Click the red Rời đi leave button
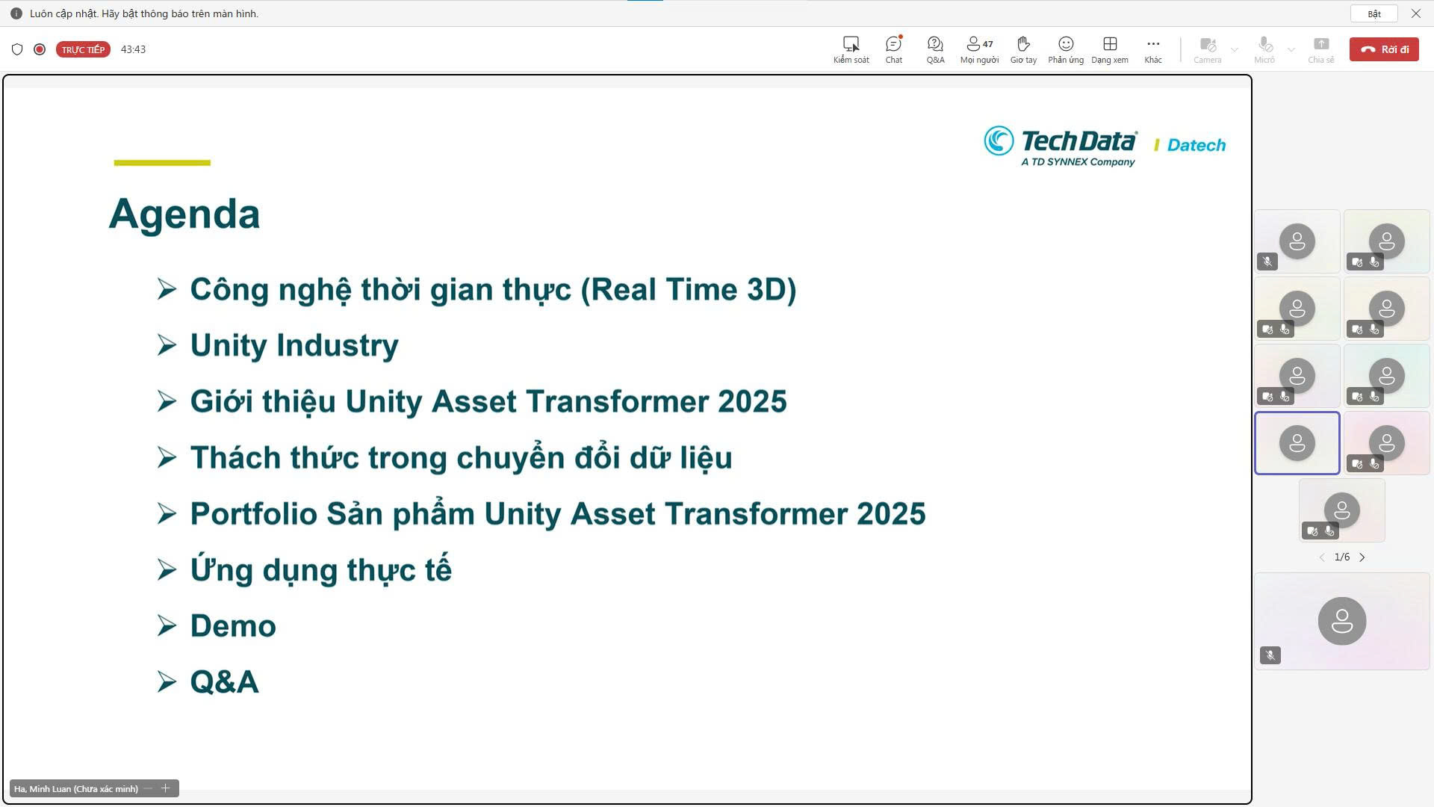point(1384,49)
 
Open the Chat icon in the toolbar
point(893,44)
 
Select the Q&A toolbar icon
point(935,44)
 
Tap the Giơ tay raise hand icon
point(1023,44)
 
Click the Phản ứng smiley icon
point(1066,44)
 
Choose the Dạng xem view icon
point(1110,44)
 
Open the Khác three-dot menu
point(1153,44)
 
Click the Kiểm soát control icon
point(851,44)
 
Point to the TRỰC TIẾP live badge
point(83,49)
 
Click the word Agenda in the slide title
point(184,214)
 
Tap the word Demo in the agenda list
point(233,626)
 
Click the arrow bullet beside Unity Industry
point(167,345)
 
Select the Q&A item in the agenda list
point(224,682)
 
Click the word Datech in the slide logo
point(1196,145)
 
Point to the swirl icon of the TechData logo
point(999,140)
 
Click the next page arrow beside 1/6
point(1362,557)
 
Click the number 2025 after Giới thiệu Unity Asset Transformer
point(752,401)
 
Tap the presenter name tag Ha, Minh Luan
point(75,789)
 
